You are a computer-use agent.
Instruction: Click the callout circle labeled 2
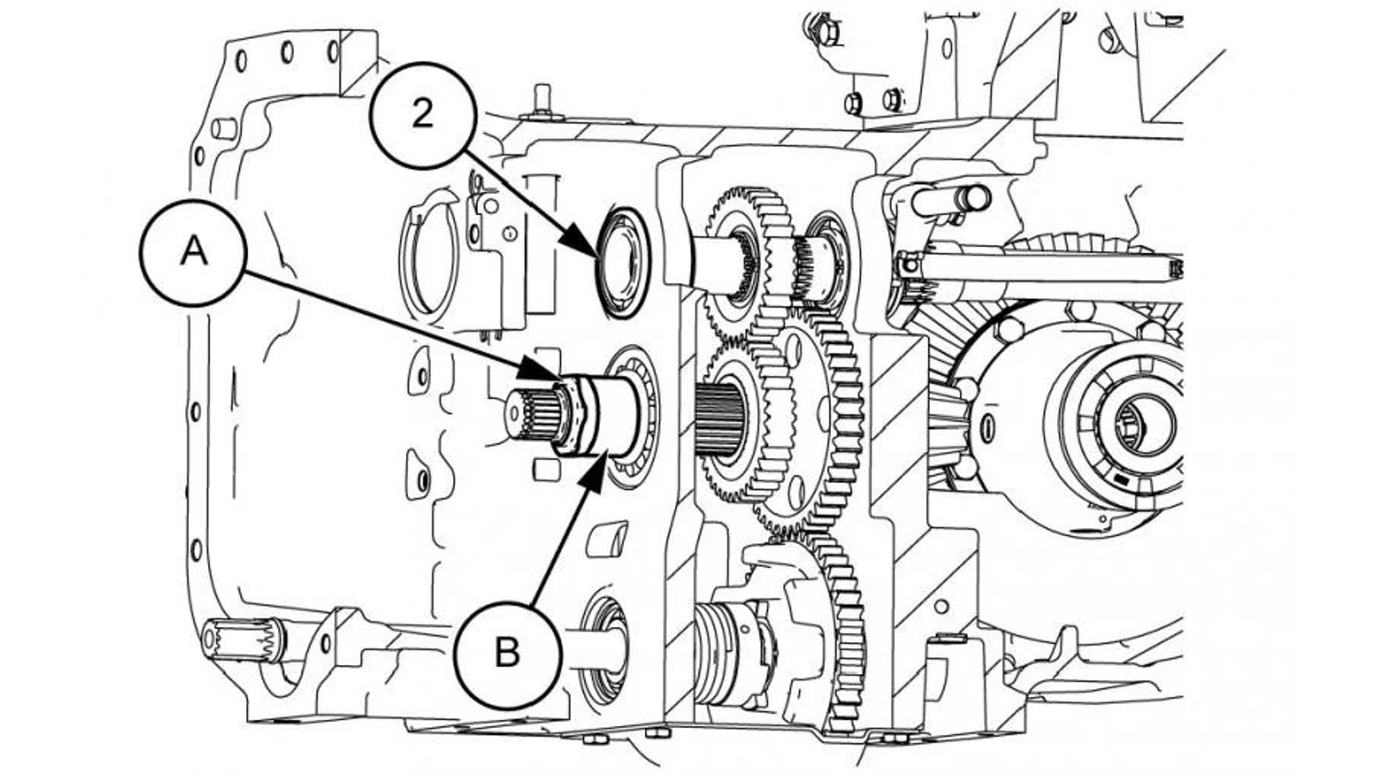[x=423, y=115]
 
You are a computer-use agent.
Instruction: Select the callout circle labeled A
[x=193, y=253]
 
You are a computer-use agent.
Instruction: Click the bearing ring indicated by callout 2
[x=622, y=262]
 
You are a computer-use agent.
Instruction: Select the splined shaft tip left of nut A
[x=530, y=416]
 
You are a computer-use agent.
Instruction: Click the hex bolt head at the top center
[x=829, y=31]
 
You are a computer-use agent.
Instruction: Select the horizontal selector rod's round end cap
[x=974, y=197]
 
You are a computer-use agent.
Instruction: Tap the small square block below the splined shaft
[x=547, y=468]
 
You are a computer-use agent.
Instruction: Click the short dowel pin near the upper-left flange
[x=224, y=128]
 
